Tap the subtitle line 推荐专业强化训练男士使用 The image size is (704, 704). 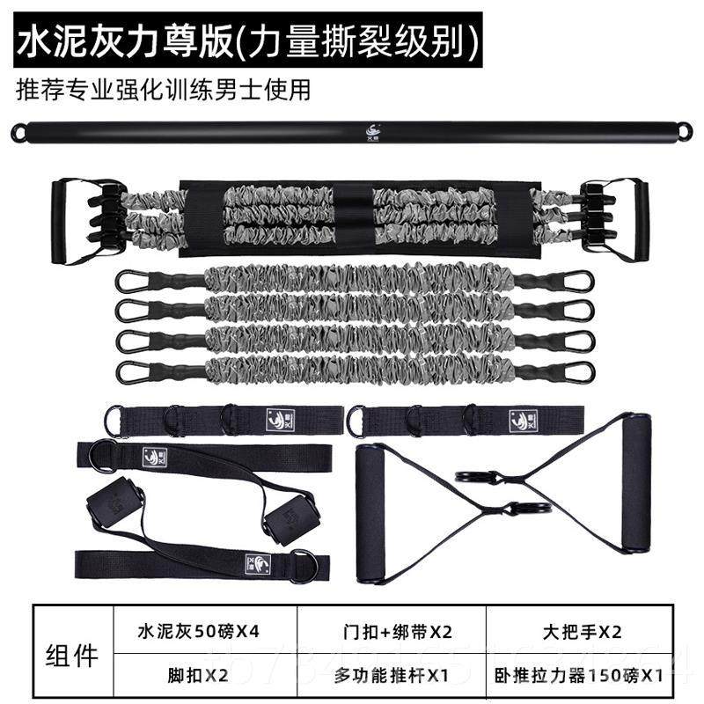[164, 89]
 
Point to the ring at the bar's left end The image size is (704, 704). [18, 133]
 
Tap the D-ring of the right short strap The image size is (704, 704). [356, 421]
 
